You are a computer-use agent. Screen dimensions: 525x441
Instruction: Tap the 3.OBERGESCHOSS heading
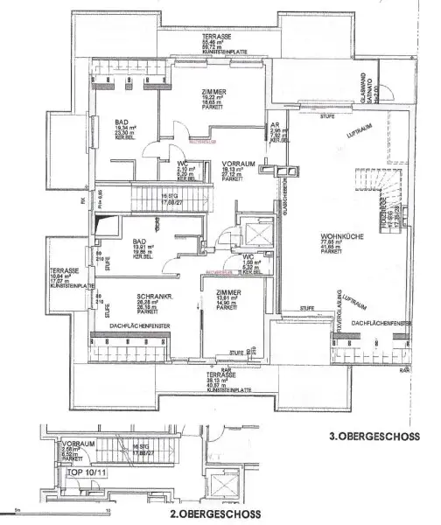tap(374, 436)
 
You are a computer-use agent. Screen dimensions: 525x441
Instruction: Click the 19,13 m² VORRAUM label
tap(234, 165)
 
